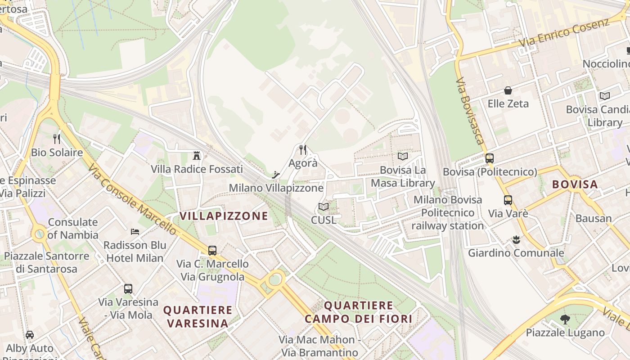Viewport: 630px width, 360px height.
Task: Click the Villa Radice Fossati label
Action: tap(197, 169)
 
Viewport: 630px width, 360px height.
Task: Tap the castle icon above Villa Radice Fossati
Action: tap(197, 156)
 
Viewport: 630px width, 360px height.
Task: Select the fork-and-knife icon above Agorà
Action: tap(303, 149)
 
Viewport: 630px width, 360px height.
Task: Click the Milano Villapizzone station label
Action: tap(276, 188)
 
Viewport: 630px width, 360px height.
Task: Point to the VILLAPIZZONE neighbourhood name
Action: tap(224, 216)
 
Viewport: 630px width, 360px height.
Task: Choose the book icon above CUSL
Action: tap(323, 207)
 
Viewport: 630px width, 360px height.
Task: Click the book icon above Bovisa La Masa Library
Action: tap(402, 157)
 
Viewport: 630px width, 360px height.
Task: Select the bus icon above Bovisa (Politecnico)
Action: tap(490, 158)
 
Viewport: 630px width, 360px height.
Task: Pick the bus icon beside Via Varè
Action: tap(508, 200)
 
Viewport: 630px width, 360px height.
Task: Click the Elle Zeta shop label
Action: tap(508, 103)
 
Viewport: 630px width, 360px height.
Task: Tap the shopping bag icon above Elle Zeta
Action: tap(508, 90)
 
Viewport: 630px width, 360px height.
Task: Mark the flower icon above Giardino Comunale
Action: tap(516, 239)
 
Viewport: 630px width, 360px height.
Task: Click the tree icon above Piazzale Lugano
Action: tap(565, 319)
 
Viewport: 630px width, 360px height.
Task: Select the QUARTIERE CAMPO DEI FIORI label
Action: tap(359, 312)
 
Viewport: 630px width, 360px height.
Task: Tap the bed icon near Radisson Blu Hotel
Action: tap(135, 232)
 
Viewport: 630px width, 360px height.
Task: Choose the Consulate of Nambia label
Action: tap(73, 229)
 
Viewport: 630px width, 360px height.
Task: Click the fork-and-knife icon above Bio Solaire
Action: tap(57, 139)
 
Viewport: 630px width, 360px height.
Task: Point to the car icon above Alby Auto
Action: tap(30, 335)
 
